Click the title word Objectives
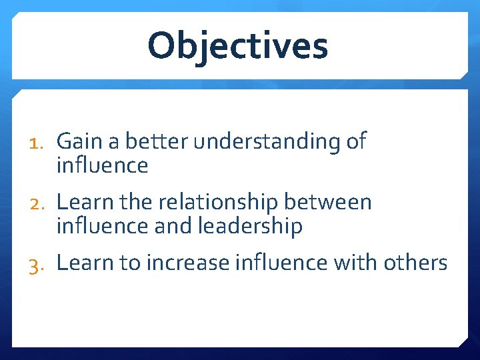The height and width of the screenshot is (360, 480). (238, 46)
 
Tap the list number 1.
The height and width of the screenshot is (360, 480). (39, 141)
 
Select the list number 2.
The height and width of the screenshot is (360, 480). (39, 202)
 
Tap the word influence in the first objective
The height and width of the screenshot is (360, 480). (102, 165)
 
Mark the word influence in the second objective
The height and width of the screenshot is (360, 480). (102, 226)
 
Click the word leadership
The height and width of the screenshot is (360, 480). (251, 227)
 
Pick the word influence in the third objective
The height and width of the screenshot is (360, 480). (281, 263)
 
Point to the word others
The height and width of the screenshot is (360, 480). (415, 263)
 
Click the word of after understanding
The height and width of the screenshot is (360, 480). (357, 141)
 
